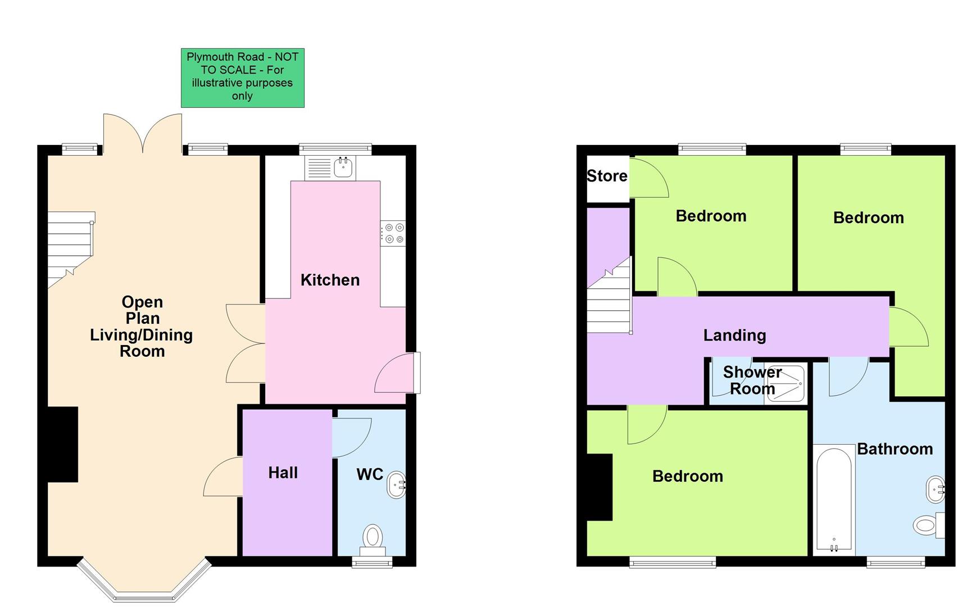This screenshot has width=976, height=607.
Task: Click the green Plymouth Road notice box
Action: tap(242, 78)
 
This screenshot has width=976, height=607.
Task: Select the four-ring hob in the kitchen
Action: tap(393, 233)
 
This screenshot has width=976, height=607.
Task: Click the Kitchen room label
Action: tap(330, 280)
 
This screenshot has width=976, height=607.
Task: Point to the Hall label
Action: tap(283, 473)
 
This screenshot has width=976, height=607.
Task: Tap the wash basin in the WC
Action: tap(396, 484)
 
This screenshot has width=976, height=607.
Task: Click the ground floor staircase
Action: tap(69, 247)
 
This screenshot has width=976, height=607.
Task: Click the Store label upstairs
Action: tap(607, 176)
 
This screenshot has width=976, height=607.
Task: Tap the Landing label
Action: tap(734, 336)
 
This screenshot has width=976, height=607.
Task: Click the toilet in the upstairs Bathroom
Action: tap(926, 526)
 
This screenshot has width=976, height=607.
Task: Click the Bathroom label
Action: tap(895, 449)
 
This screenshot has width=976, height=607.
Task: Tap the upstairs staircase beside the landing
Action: tap(610, 303)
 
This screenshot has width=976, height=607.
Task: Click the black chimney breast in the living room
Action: tap(62, 444)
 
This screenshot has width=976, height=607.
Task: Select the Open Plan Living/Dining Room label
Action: tap(142, 327)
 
